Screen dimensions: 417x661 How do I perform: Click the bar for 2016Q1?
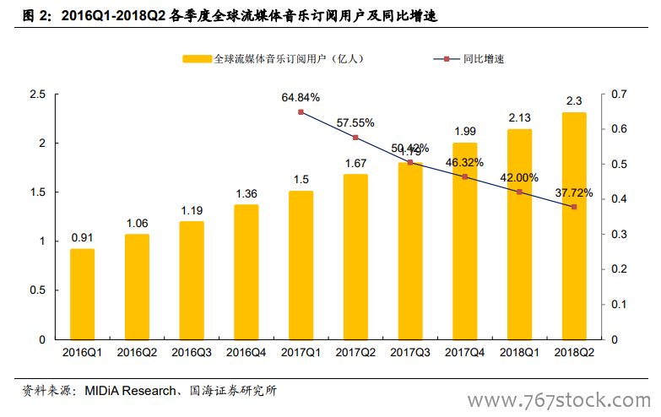click(x=82, y=294)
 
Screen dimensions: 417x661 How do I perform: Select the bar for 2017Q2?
click(x=355, y=257)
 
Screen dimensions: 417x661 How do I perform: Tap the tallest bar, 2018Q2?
click(x=574, y=225)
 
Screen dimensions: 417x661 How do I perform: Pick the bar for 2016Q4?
click(x=246, y=271)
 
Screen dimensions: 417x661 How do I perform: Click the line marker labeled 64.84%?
click(x=301, y=111)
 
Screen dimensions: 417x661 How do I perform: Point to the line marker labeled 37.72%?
click(x=574, y=207)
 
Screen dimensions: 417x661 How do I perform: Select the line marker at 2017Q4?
click(x=464, y=176)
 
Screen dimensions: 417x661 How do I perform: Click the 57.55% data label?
click(x=355, y=122)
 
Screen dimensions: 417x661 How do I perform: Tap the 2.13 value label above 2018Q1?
click(x=519, y=117)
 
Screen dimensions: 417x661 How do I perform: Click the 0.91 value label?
click(x=82, y=237)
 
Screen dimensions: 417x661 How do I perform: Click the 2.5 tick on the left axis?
click(x=37, y=94)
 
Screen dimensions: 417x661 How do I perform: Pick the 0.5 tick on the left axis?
click(x=37, y=290)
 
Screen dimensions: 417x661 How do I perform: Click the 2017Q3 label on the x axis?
click(x=410, y=352)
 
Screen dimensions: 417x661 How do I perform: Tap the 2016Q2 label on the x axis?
click(x=137, y=352)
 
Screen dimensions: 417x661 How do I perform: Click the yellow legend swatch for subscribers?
click(x=196, y=59)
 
